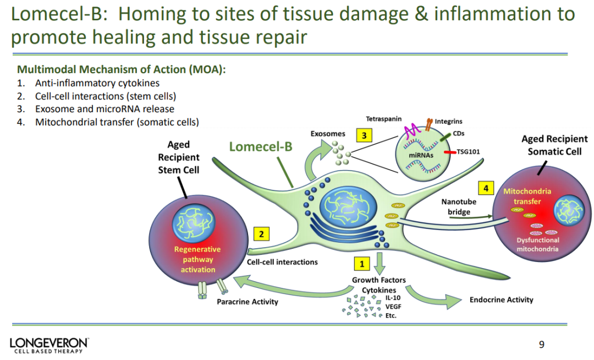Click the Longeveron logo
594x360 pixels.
pyautogui.click(x=48, y=345)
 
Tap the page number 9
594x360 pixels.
pyautogui.click(x=541, y=345)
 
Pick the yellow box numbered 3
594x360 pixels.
pyautogui.click(x=364, y=134)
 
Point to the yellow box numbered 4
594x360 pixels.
pyautogui.click(x=486, y=188)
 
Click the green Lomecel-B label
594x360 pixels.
pyautogui.click(x=261, y=147)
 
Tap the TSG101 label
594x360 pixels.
pyautogui.click(x=468, y=152)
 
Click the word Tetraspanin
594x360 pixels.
pyautogui.click(x=383, y=119)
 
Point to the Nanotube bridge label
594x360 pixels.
pyautogui.click(x=459, y=207)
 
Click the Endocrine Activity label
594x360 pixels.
pyautogui.click(x=501, y=300)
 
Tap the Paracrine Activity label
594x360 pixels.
pyautogui.click(x=248, y=302)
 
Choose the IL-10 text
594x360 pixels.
pyautogui.click(x=393, y=298)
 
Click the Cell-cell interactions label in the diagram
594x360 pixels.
pyautogui.click(x=282, y=262)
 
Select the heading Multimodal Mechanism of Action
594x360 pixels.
pyautogui.click(x=122, y=70)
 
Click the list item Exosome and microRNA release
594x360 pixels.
pyautogui.click(x=105, y=109)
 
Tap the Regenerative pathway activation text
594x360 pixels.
pyautogui.click(x=197, y=259)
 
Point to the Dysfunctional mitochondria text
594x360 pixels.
pyautogui.click(x=537, y=244)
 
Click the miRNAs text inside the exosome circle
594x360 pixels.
pyautogui.click(x=422, y=156)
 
